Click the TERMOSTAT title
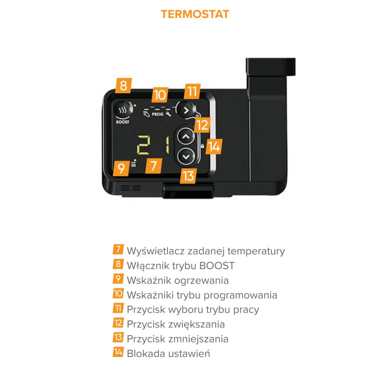tap(195, 14)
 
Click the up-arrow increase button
tap(186, 136)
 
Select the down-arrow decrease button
tap(186, 156)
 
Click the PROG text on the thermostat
tap(157, 114)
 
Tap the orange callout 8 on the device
tap(123, 85)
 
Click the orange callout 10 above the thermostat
tap(160, 95)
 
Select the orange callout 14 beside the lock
tap(214, 147)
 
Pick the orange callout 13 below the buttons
tap(188, 176)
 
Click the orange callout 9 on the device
tap(121, 168)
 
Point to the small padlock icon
tap(202, 146)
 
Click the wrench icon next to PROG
tap(168, 114)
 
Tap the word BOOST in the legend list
tap(217, 266)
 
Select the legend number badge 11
tap(118, 308)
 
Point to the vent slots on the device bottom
tap(130, 188)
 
